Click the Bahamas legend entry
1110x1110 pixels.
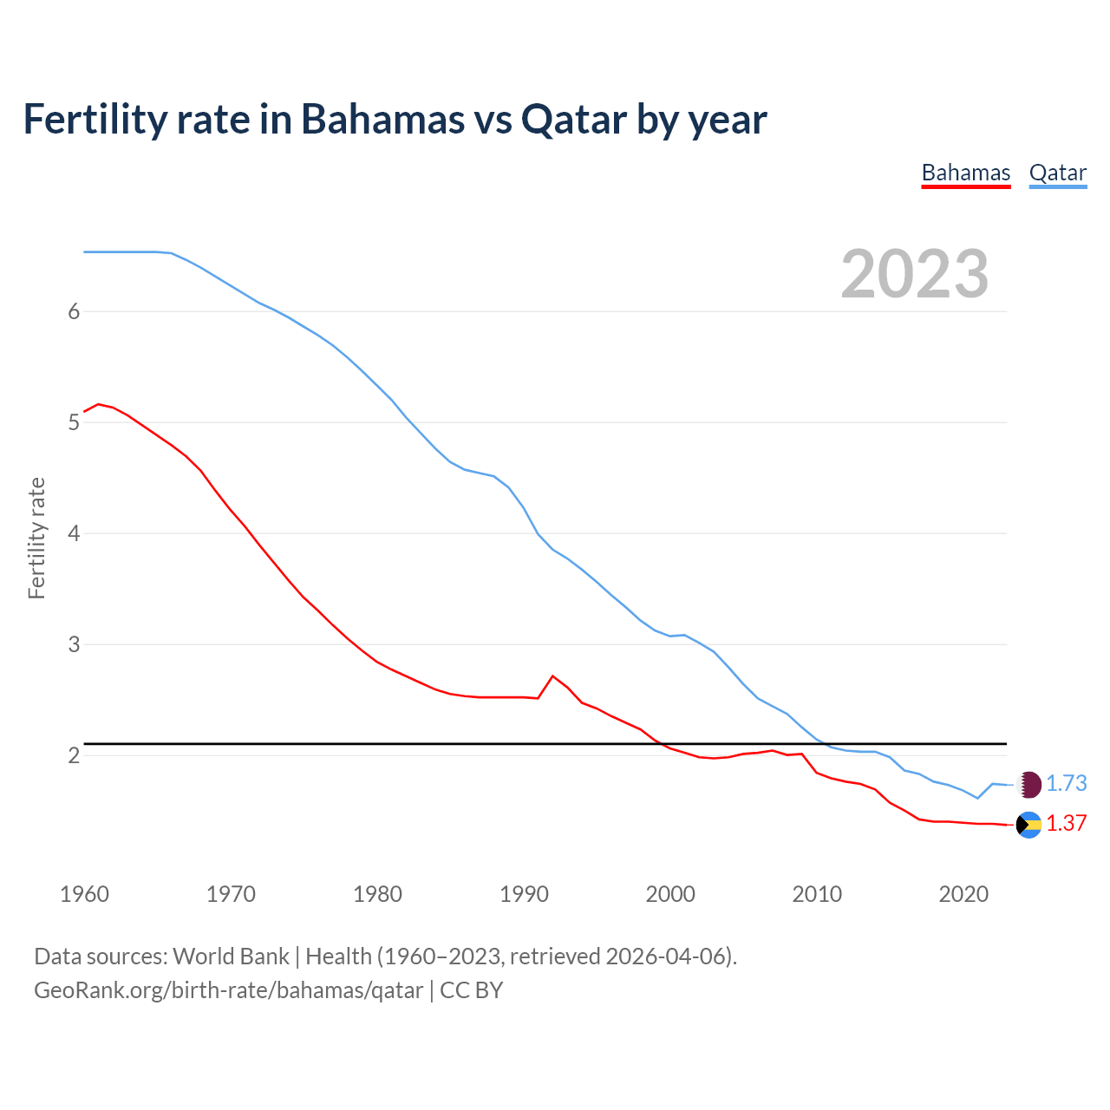point(965,173)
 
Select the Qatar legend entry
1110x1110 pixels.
point(1057,173)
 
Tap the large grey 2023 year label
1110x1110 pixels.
point(914,274)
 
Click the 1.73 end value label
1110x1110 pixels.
point(1066,783)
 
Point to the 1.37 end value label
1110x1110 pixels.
point(1066,823)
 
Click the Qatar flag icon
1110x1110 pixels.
point(1028,785)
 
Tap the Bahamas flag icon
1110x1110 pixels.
point(1028,825)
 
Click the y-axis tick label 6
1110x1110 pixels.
point(74,311)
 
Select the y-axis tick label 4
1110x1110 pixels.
point(74,533)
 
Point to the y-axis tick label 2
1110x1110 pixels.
point(74,755)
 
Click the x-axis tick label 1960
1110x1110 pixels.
point(84,894)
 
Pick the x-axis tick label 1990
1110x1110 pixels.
point(524,894)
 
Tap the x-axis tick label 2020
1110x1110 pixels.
point(963,894)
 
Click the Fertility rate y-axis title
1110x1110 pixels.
point(36,538)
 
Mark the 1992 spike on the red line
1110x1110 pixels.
point(552,676)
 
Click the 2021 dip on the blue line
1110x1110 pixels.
point(977,798)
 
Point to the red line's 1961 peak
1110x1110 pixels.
point(98,404)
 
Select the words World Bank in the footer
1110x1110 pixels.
point(231,957)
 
